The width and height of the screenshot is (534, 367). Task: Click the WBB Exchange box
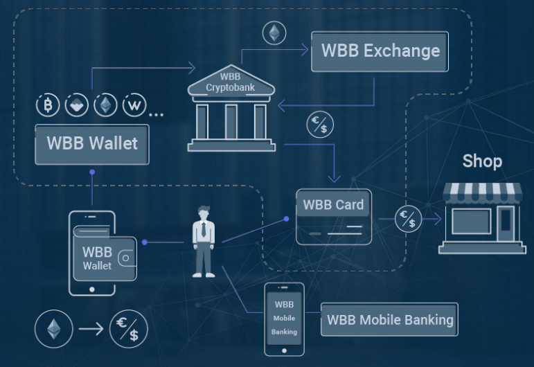click(380, 51)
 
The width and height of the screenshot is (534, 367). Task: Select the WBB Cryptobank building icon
click(231, 107)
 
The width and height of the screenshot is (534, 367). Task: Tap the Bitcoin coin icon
click(48, 105)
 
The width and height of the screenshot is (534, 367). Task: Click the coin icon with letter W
click(134, 105)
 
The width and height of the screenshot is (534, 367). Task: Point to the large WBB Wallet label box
click(92, 144)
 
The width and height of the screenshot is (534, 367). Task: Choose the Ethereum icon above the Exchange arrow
click(274, 33)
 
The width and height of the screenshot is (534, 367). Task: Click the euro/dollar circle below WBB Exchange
click(320, 124)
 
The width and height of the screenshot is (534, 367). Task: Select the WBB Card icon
click(334, 217)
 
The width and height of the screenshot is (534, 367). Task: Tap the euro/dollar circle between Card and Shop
click(408, 219)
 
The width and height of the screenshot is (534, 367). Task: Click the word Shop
click(482, 161)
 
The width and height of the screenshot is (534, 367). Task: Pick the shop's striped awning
click(482, 193)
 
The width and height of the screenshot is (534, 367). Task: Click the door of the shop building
click(506, 222)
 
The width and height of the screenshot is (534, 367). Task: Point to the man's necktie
click(204, 229)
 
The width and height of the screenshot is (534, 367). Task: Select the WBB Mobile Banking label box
click(389, 319)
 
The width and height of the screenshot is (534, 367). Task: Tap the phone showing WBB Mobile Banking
click(284, 319)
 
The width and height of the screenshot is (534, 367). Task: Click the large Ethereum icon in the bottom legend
click(54, 329)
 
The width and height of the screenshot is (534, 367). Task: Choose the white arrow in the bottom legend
click(91, 329)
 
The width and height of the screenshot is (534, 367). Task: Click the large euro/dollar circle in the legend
click(129, 329)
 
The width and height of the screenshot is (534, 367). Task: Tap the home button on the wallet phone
click(92, 289)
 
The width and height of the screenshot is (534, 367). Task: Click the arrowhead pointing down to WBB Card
click(334, 179)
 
